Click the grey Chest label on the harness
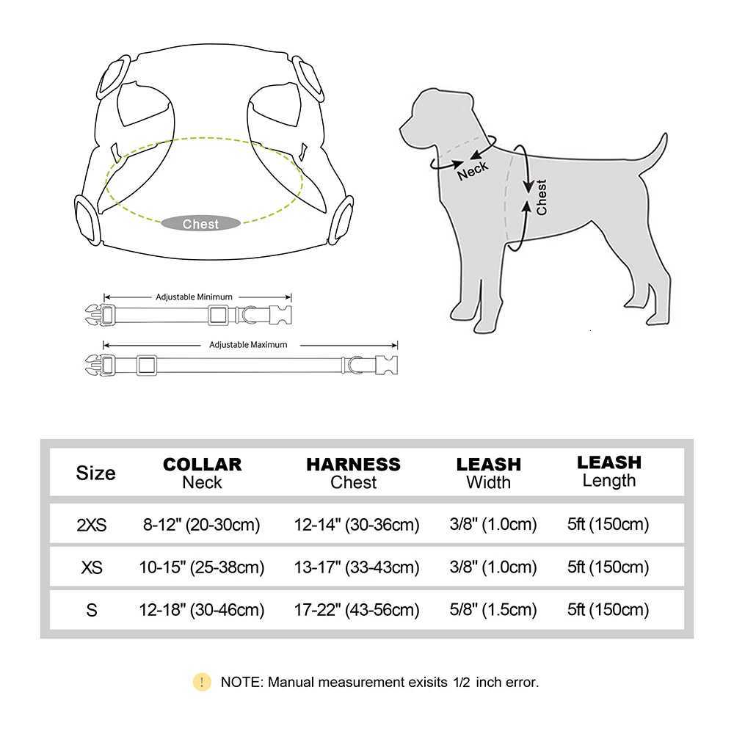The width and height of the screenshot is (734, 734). coord(200,224)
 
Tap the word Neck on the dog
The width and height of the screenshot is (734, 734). coord(472,170)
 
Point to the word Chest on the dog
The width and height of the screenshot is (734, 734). coord(542,197)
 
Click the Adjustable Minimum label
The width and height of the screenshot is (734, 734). coord(195,297)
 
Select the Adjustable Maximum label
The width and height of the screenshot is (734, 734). coord(248,344)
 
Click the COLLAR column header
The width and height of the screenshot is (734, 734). coord(202,465)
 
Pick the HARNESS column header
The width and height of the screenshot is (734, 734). coord(353,465)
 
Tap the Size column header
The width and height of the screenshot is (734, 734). coord(95,473)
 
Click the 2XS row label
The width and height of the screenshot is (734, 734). coord(92,525)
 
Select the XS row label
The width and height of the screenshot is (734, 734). coord(92,567)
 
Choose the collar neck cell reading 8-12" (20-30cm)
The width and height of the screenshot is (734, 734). coord(202,525)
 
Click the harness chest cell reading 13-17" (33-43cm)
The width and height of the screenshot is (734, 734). coord(357,567)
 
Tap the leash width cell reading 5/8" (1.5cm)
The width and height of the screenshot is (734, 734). coord(493,610)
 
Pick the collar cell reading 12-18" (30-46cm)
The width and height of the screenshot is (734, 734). coord(202,610)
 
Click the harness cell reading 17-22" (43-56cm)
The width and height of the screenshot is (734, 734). coord(357,610)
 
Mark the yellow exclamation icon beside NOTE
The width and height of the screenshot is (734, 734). coord(202,682)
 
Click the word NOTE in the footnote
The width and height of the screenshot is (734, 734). coord(241,682)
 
